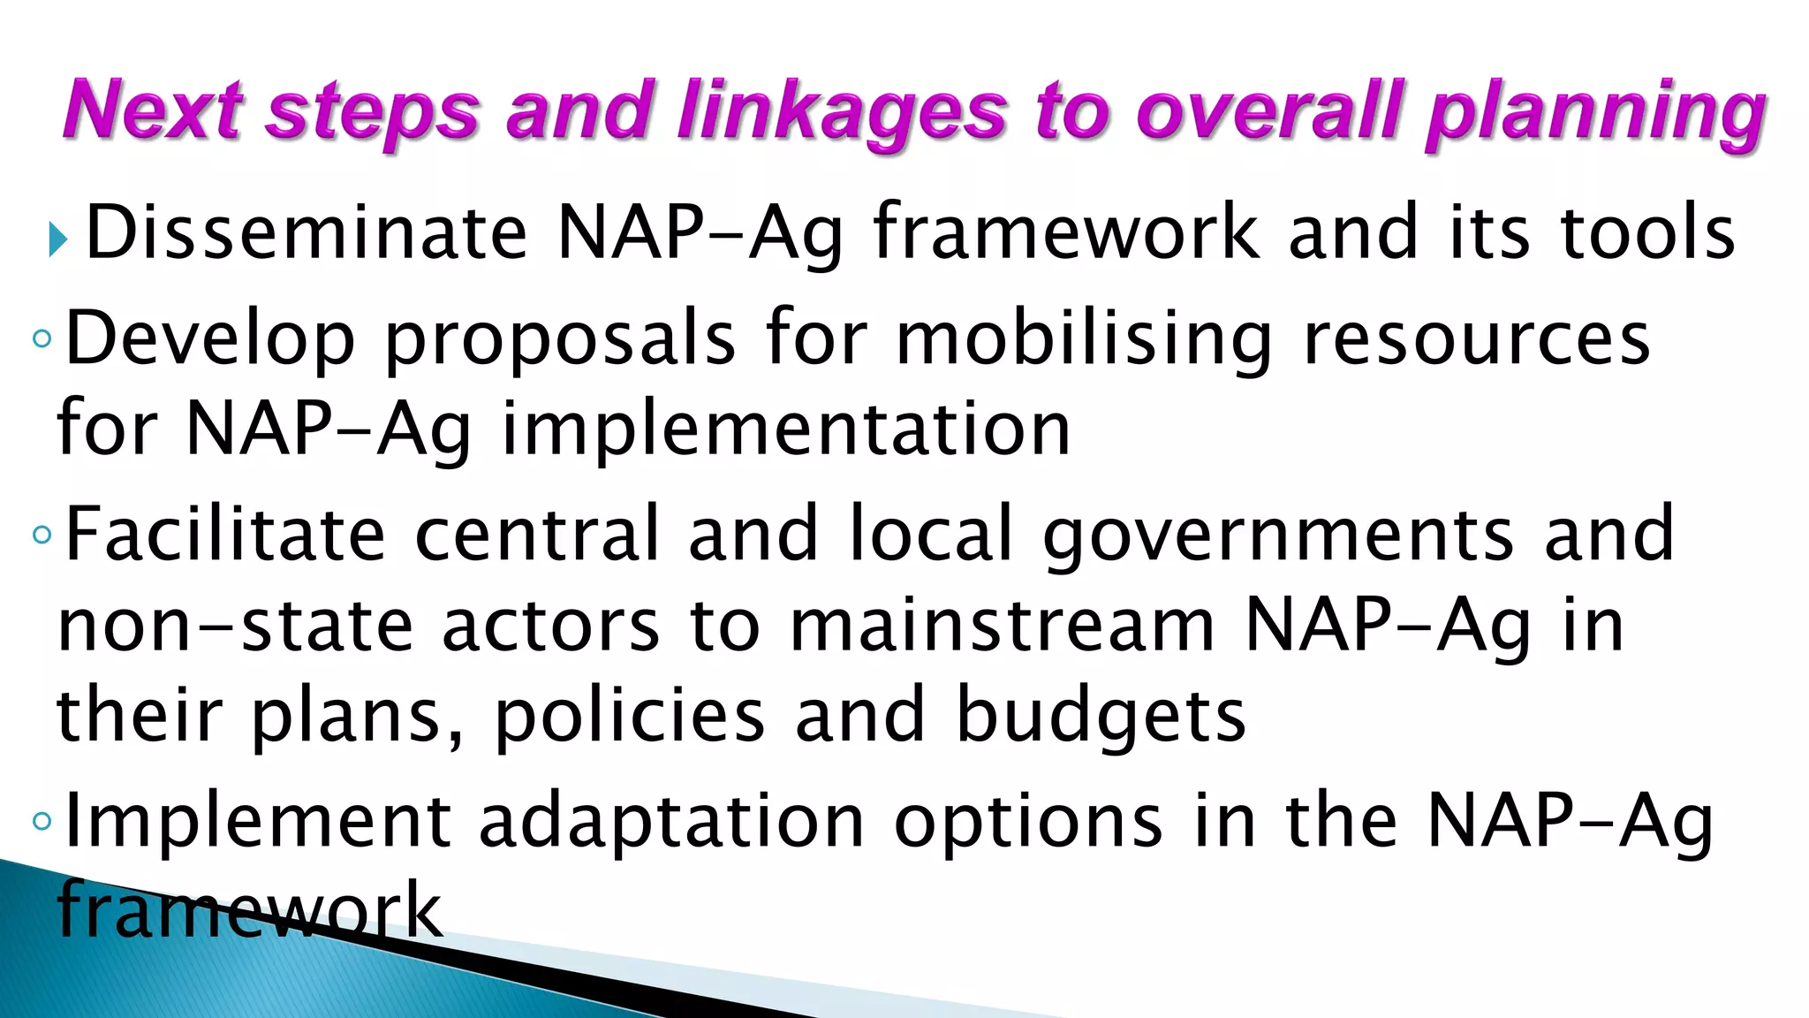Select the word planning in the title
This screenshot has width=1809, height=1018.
click(1595, 115)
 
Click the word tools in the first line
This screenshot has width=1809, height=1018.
click(1648, 232)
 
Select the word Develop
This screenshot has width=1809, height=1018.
click(210, 339)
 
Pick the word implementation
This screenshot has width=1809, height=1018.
click(786, 429)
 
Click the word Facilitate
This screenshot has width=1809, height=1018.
click(225, 534)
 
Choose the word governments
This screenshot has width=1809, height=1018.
click(1278, 536)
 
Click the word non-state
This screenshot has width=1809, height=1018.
click(235, 626)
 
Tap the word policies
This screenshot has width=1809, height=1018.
click(629, 716)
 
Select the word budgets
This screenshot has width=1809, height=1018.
click(1101, 716)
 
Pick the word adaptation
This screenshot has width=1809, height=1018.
click(671, 822)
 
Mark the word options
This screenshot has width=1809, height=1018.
click(1029, 822)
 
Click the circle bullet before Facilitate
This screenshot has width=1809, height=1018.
click(42, 535)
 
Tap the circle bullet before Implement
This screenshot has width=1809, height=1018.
click(42, 821)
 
